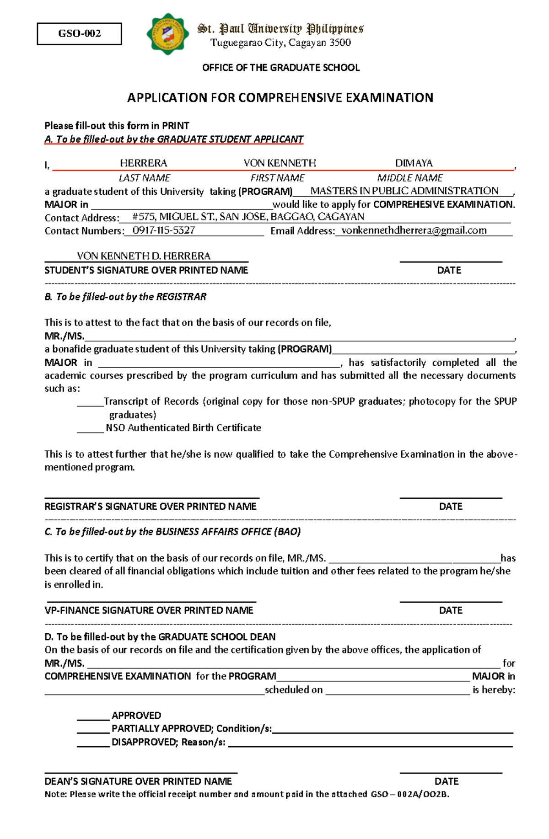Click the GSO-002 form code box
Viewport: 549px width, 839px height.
coord(79,33)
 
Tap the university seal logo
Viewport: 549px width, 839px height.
coord(167,34)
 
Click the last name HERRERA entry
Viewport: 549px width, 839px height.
coord(143,163)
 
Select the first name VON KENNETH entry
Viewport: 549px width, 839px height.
coord(280,163)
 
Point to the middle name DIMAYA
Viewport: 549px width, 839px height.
coord(414,163)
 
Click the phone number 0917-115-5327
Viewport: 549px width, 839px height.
coord(164,230)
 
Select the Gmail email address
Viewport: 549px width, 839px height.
coord(414,230)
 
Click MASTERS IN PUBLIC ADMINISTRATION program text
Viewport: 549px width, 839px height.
coord(404,191)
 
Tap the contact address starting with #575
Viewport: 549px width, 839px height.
coord(248,217)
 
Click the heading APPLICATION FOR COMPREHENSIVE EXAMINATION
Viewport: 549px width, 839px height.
coord(280,98)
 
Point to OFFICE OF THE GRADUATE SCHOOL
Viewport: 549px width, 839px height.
coord(280,68)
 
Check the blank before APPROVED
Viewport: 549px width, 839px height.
coord(93,716)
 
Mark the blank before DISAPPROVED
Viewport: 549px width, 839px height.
coord(93,743)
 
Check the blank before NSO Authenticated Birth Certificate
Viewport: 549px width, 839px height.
coord(90,428)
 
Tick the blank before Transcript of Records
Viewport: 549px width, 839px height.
coord(90,402)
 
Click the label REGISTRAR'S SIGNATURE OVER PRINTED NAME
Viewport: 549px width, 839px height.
coord(150,507)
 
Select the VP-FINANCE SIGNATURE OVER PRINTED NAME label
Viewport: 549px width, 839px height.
coord(149,610)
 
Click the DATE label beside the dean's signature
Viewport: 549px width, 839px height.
coord(446,781)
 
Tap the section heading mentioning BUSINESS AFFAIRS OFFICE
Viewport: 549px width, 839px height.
coord(172,532)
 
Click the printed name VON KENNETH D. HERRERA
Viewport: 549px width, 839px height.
coord(143,256)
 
